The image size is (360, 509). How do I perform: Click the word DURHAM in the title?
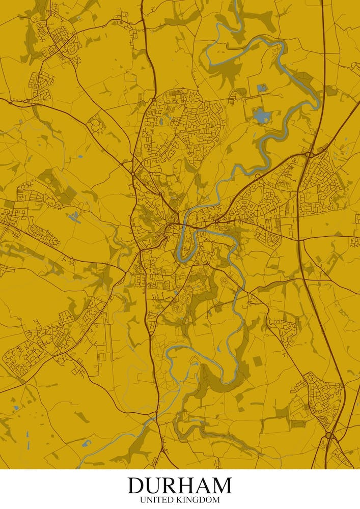pos(180,486)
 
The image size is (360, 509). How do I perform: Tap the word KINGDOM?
pos(200,500)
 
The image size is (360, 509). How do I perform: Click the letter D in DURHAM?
pos(136,486)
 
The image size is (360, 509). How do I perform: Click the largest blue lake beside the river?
pos(260,116)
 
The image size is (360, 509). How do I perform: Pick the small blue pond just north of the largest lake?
pos(262,88)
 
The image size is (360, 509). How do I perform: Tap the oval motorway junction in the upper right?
pos(309,154)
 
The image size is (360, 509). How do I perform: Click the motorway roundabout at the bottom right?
pos(330,436)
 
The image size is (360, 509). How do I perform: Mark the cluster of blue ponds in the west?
pos(74,217)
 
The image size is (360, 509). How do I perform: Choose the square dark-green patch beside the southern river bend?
pos(257,361)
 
